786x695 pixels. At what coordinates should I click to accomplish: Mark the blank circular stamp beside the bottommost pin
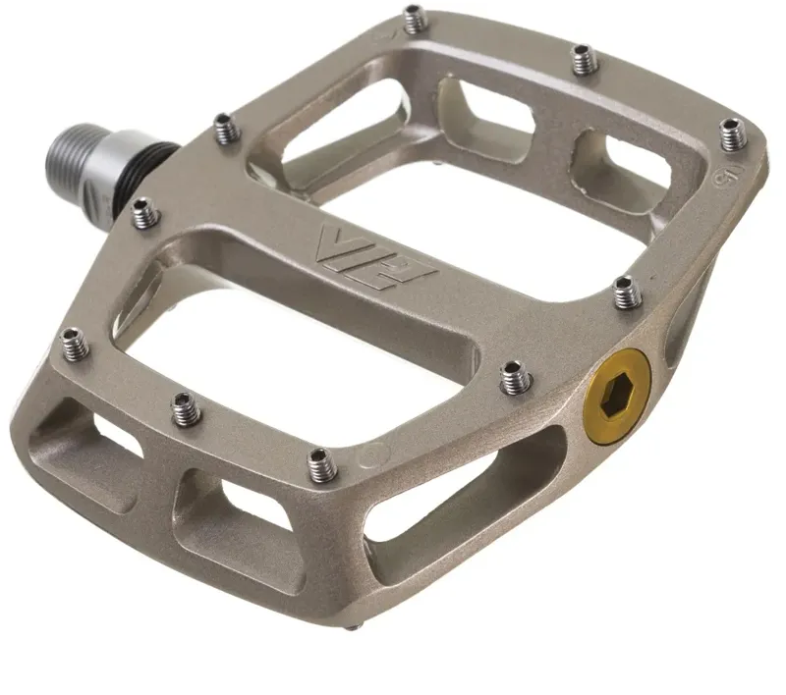[370, 454]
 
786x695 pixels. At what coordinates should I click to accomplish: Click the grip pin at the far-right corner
[733, 134]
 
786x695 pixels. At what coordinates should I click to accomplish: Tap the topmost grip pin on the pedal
[415, 17]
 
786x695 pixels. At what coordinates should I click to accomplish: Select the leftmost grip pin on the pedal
[74, 343]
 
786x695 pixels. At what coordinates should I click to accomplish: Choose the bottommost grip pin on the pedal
[321, 464]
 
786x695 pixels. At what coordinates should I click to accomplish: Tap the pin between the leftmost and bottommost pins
[186, 408]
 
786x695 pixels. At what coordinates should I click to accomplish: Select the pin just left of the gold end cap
[515, 376]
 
